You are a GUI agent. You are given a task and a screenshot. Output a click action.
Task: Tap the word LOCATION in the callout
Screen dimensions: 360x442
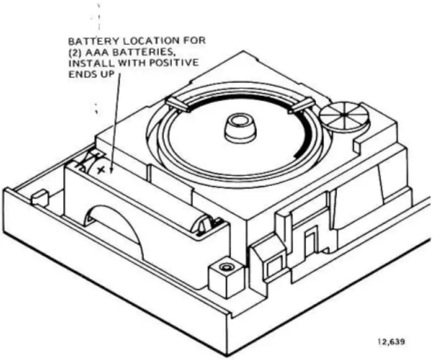(x=136, y=42)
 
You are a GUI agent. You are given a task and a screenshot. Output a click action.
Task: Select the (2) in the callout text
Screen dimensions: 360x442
(x=77, y=53)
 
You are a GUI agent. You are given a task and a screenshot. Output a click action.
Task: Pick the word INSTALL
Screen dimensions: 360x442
(x=89, y=63)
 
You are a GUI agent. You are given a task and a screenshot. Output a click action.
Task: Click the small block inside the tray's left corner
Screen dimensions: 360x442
(x=40, y=197)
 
